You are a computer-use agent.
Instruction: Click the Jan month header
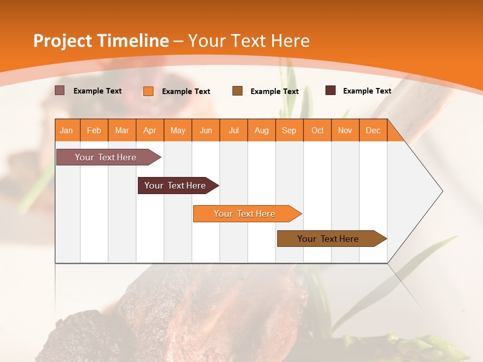pos(67,130)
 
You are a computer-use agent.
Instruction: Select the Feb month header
pos(94,130)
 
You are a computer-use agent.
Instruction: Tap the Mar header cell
pos(122,130)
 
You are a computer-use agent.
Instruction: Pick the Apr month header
pos(150,130)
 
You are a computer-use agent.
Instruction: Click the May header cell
pos(178,130)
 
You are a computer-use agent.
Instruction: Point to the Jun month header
pos(206,130)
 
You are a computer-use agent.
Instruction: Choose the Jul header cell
pos(233,130)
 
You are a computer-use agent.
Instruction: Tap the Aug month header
pos(262,130)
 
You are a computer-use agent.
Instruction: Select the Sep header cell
pos(289,130)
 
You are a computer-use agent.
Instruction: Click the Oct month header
pos(317,130)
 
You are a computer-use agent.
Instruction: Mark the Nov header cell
pos(345,130)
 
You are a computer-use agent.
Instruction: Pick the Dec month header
pos(373,130)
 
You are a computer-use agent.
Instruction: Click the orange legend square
pos(148,91)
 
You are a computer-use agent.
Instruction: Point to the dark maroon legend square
pos(331,90)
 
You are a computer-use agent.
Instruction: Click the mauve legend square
pos(60,90)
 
